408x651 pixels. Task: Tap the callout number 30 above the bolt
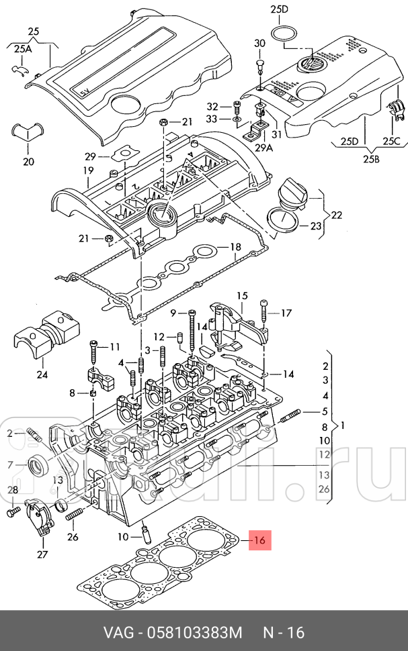(x=260, y=44)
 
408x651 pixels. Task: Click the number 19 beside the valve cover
(x=87, y=170)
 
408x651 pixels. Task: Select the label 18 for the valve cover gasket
(x=235, y=247)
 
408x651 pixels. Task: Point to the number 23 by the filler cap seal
(x=315, y=227)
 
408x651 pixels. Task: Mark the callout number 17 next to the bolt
(x=286, y=312)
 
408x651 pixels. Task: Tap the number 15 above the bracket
(x=241, y=296)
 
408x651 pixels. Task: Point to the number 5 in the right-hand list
(x=325, y=411)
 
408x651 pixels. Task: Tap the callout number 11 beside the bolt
(x=114, y=346)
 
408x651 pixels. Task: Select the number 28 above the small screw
(x=13, y=491)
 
